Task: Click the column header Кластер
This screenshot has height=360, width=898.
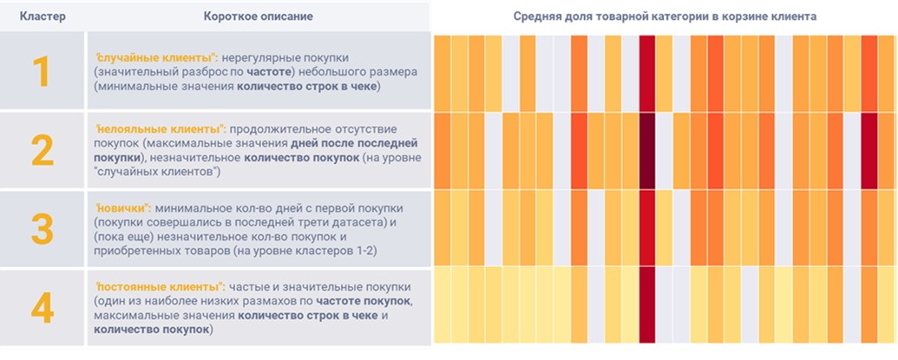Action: tap(42, 16)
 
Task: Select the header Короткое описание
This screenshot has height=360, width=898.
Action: tap(258, 16)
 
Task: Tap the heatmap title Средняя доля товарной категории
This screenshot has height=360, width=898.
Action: tap(664, 16)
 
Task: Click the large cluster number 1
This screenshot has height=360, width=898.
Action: tap(42, 73)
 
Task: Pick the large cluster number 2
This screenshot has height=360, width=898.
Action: tap(42, 151)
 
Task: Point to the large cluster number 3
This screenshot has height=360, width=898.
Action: tap(42, 229)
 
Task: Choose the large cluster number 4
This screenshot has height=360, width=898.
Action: tap(42, 307)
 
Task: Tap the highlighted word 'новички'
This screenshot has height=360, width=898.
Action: tap(123, 208)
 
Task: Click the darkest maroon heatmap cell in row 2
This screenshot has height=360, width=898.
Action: tap(647, 151)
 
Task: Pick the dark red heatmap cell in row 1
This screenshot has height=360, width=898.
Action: tap(647, 73)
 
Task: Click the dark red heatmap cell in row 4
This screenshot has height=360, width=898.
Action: tap(647, 307)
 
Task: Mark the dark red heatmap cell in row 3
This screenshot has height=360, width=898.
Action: tap(647, 229)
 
